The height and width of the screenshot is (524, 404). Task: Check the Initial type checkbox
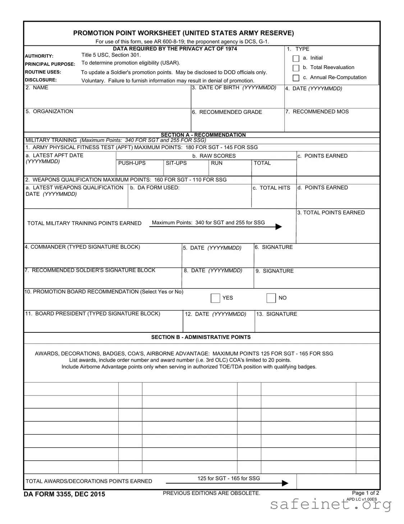pos(296,58)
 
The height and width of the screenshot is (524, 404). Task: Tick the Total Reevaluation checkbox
pos(296,68)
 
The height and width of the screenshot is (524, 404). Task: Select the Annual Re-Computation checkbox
pos(296,78)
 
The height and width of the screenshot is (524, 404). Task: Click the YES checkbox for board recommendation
pos(215,298)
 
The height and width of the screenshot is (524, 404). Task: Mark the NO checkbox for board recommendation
pos(271,298)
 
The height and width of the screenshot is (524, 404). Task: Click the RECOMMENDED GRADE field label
pos(227,112)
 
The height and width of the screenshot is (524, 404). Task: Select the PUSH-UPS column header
pos(132,163)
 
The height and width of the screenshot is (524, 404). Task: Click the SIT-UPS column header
pos(176,163)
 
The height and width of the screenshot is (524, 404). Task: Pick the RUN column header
pos(217,163)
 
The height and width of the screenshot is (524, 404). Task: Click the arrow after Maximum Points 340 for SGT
pos(278,227)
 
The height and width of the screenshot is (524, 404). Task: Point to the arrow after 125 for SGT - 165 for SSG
pos(285,483)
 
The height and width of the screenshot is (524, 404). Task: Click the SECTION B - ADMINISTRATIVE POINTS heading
pos(201,337)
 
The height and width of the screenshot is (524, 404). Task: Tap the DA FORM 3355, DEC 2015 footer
pos(65,494)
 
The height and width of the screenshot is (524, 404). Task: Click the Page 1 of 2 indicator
pos(365,493)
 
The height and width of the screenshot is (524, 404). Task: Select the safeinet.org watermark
pos(330,505)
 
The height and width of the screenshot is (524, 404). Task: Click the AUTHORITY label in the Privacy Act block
pos(39,56)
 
